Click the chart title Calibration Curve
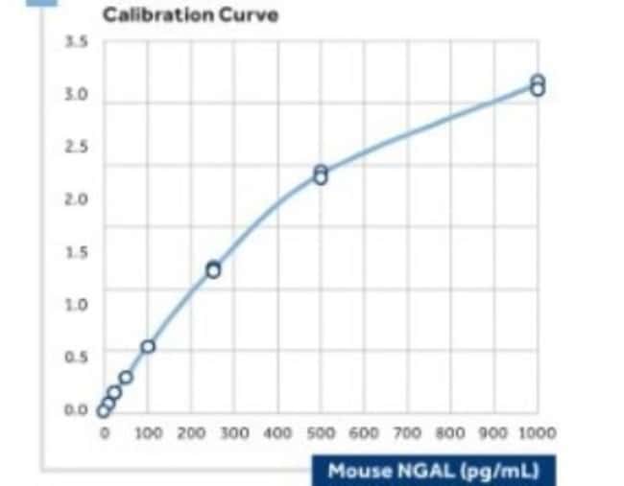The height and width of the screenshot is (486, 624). coord(190,15)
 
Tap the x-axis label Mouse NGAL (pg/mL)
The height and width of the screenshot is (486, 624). coord(433,471)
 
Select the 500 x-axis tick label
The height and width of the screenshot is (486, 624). coord(321,434)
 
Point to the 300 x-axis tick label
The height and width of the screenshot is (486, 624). coord(234,434)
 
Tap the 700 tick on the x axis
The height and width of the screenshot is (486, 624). coord(407,434)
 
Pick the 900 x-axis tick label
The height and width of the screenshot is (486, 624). coord(493,434)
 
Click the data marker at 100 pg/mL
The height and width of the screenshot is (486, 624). coord(148,346)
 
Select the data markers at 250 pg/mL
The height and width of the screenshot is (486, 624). coord(213,269)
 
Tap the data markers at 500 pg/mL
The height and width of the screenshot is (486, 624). coord(321,174)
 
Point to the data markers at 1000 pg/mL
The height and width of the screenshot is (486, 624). coord(538,85)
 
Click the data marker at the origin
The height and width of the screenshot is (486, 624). coord(104,411)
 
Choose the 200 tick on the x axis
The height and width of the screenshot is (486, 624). coord(191,434)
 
